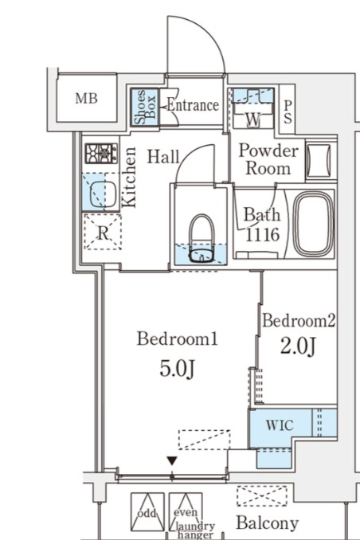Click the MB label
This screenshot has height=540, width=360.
[87, 99]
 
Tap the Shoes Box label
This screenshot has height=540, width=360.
[145, 107]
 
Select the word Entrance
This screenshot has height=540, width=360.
[193, 104]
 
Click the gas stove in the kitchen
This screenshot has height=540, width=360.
[101, 153]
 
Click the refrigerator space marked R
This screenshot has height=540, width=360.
[103, 232]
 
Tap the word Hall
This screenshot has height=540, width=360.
[163, 157]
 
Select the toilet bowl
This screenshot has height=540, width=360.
[202, 238]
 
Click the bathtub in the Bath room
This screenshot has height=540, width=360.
[314, 224]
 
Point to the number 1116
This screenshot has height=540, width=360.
[262, 234]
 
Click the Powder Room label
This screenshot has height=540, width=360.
[268, 159]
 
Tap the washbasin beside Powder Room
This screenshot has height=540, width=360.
[319, 160]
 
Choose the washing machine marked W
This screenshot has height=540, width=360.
[253, 108]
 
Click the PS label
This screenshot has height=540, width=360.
[288, 112]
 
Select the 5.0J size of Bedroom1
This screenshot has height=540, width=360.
[177, 370]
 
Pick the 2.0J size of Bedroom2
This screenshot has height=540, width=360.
[298, 346]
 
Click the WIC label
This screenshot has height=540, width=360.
[280, 425]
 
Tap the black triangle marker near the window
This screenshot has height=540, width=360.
[172, 461]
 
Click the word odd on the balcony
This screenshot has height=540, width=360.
[147, 513]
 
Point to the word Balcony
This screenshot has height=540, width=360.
[267, 523]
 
